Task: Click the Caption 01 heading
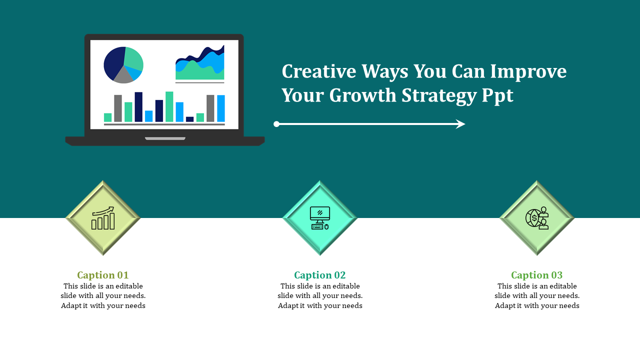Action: point(103,275)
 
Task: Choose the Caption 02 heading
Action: point(320,275)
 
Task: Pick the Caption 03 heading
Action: point(537,275)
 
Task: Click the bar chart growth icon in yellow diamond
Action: point(103,218)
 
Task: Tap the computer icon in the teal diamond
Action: point(320,218)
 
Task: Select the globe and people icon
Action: point(537,218)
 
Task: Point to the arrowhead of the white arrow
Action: point(460,124)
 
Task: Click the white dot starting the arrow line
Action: point(276,124)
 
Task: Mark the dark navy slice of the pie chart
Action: point(112,62)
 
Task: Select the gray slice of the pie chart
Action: point(123,75)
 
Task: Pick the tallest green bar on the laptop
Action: point(169,106)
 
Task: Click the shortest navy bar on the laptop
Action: point(189,119)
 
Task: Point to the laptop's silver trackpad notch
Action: point(165,138)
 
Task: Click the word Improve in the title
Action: point(528,71)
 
